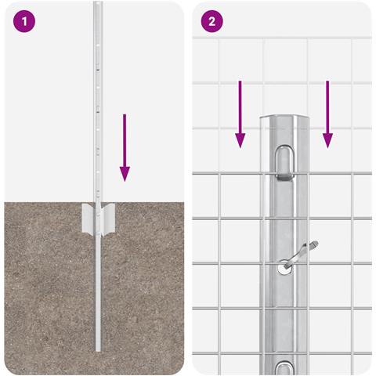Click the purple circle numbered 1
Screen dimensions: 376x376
point(24,21)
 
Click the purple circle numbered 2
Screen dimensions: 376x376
point(211,21)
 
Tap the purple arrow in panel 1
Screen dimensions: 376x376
point(125,147)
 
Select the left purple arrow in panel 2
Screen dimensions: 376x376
point(240,114)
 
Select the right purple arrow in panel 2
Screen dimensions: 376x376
point(327,114)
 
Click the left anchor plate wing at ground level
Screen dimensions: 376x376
point(89,218)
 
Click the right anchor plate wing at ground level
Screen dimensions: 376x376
point(108,219)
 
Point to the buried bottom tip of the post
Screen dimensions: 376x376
point(98,350)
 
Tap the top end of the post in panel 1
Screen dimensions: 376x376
point(98,2)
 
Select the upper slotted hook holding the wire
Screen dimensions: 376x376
point(284,164)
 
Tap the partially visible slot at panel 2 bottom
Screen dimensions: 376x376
point(284,367)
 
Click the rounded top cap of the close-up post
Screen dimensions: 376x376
point(284,117)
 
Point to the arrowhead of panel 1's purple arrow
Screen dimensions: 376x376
point(125,174)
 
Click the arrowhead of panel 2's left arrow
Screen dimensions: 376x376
point(240,141)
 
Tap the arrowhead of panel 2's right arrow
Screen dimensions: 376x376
point(327,141)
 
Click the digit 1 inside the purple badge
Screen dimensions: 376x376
point(24,22)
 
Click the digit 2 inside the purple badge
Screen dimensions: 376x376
point(211,22)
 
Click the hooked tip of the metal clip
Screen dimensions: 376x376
point(315,244)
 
